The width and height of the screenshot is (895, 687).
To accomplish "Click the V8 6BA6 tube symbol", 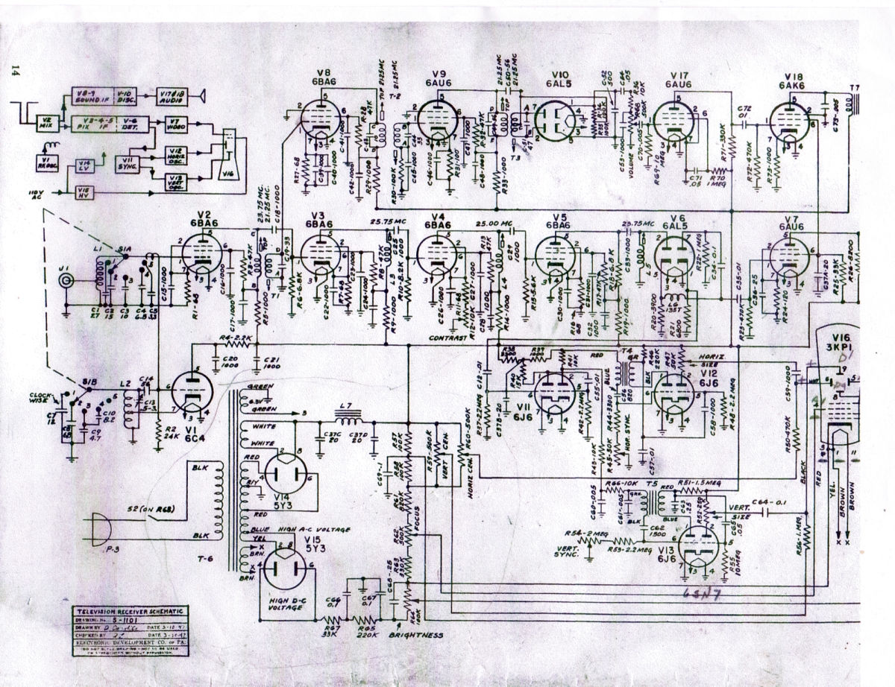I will click(x=321, y=119).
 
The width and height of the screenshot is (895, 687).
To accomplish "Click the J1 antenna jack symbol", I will click(x=66, y=281).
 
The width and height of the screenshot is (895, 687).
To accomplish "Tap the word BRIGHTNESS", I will click(x=413, y=636).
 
